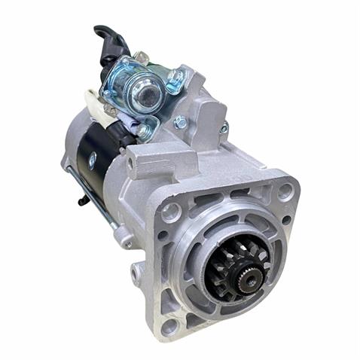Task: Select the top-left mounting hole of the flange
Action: [x=171, y=212]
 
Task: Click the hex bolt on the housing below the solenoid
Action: [x=181, y=122]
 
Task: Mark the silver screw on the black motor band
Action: [x=92, y=160]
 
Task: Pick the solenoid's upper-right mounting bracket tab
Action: [x=175, y=77]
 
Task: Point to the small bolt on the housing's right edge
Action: [x=224, y=128]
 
